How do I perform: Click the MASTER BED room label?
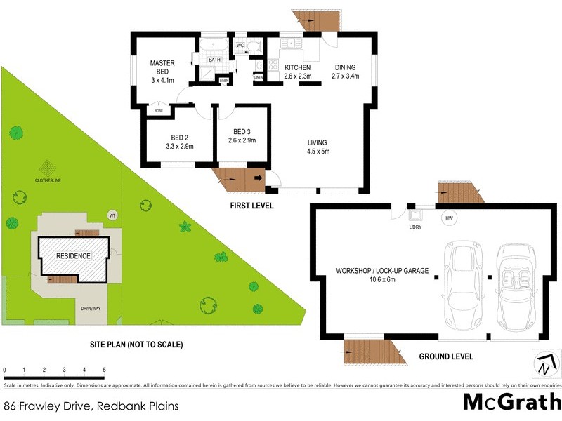point(162,67)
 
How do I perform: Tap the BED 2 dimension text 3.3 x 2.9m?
point(179,146)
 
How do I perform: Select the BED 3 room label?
point(242,132)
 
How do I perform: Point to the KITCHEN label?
point(297,67)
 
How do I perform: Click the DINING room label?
point(345,67)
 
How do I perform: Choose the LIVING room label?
point(317,142)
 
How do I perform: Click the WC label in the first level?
point(240,46)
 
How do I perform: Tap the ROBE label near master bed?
point(159,111)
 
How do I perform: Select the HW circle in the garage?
point(449,218)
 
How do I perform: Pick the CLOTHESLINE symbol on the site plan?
point(47,169)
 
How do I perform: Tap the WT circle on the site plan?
point(112,215)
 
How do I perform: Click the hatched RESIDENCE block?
point(74,255)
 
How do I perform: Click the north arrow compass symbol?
point(547,363)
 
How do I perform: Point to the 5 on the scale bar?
point(104,370)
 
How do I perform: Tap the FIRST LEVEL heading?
point(251,206)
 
